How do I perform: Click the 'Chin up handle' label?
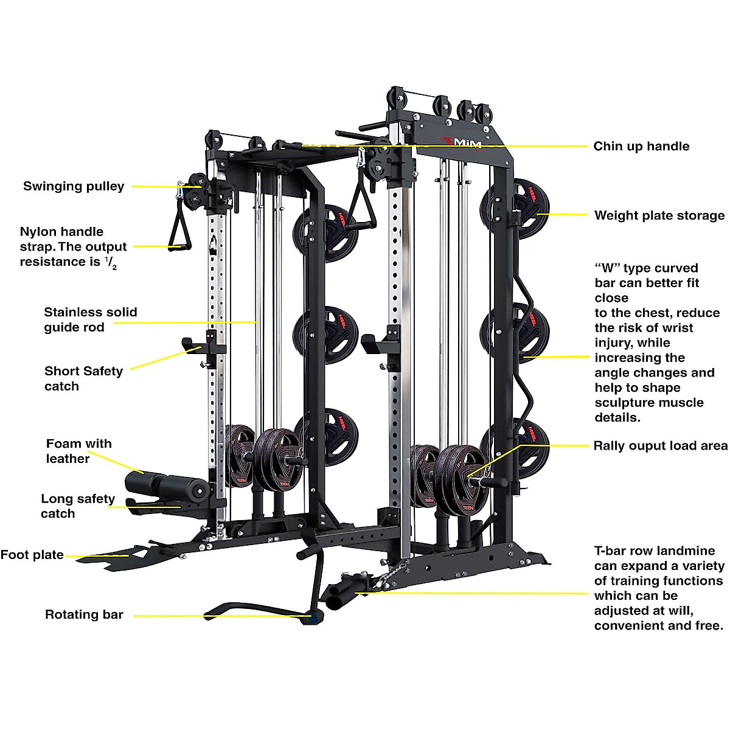click(x=641, y=146)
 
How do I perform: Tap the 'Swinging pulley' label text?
click(x=74, y=186)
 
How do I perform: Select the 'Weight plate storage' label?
click(x=659, y=215)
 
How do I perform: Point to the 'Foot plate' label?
click(x=32, y=555)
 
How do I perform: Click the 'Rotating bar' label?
click(x=84, y=614)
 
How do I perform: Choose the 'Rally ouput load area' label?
click(x=660, y=446)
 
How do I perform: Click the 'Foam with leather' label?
click(x=78, y=451)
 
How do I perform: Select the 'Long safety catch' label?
click(x=77, y=506)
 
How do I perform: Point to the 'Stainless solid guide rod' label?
click(x=90, y=319)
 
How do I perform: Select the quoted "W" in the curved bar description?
click(x=607, y=268)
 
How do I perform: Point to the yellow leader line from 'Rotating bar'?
click(x=182, y=616)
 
